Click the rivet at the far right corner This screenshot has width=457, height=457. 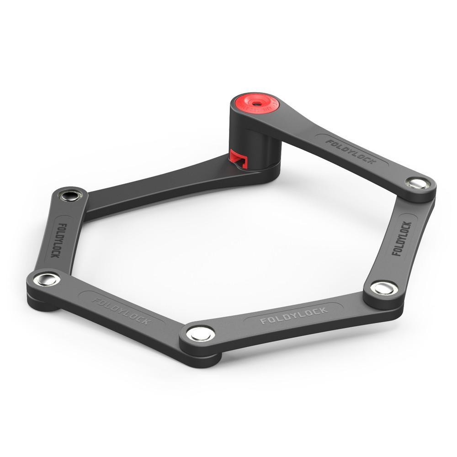coord(418,184)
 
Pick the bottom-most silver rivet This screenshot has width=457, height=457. coord(200,333)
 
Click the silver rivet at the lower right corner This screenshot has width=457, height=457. coord(381,288)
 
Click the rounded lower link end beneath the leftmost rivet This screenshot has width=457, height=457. coord(43,304)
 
